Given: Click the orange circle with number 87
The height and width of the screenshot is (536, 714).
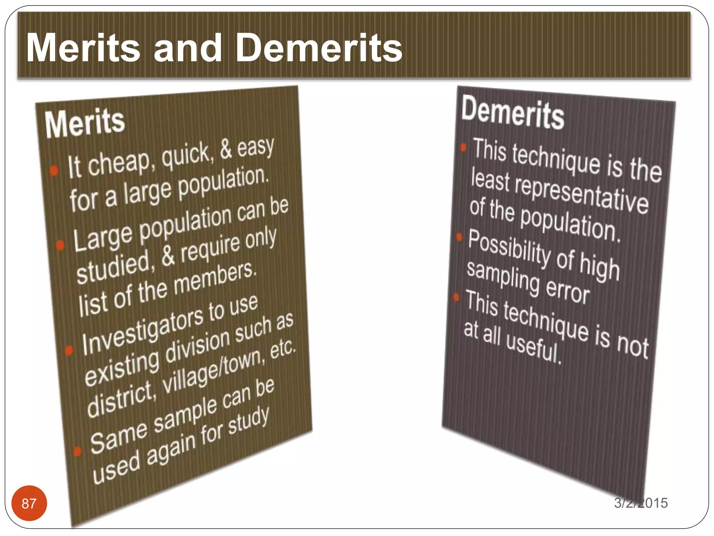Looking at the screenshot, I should (29, 503).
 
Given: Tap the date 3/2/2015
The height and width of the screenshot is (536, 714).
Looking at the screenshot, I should (641, 503).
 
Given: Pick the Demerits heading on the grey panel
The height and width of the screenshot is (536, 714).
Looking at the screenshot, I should (512, 112).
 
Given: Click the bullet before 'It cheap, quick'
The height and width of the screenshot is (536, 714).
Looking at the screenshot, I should (54, 171).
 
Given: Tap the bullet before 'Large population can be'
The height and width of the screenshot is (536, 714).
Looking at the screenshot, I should (60, 245).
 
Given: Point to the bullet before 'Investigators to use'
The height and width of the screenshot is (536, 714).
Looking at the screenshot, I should (69, 350).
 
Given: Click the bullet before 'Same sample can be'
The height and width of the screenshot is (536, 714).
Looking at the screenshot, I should (77, 451).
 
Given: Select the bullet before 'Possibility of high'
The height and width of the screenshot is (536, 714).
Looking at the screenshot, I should (459, 237).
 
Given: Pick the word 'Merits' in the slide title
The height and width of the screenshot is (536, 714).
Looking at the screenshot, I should (83, 48).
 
